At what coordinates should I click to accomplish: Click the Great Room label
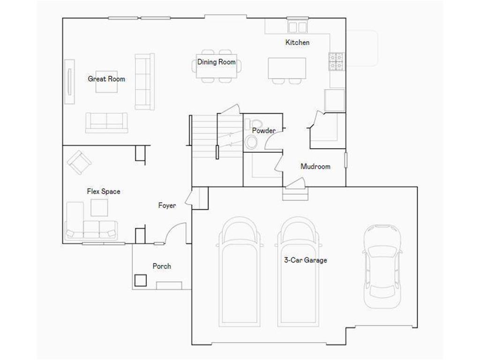point(106,79)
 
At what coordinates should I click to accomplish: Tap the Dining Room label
point(216,62)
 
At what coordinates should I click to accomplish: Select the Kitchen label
point(297,43)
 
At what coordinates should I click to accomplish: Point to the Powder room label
point(263,131)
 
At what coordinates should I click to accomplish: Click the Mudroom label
point(315,166)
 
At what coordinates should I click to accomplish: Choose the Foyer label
point(167,205)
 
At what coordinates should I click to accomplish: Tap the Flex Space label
point(103,191)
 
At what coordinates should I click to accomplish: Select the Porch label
point(162,266)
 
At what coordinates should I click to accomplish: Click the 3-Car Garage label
point(306,260)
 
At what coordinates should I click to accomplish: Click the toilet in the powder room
point(252,142)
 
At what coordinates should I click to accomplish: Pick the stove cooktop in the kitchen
point(337,61)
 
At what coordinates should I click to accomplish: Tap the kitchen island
point(287,68)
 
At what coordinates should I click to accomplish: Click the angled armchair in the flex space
point(79,162)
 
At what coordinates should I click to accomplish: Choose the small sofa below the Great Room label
point(106,122)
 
